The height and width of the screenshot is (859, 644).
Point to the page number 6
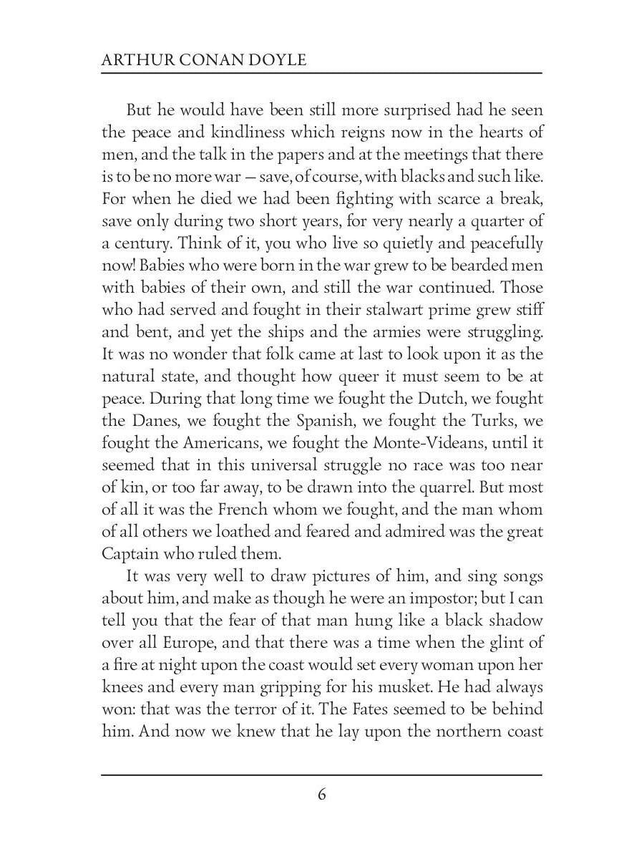pyautogui.click(x=322, y=795)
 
